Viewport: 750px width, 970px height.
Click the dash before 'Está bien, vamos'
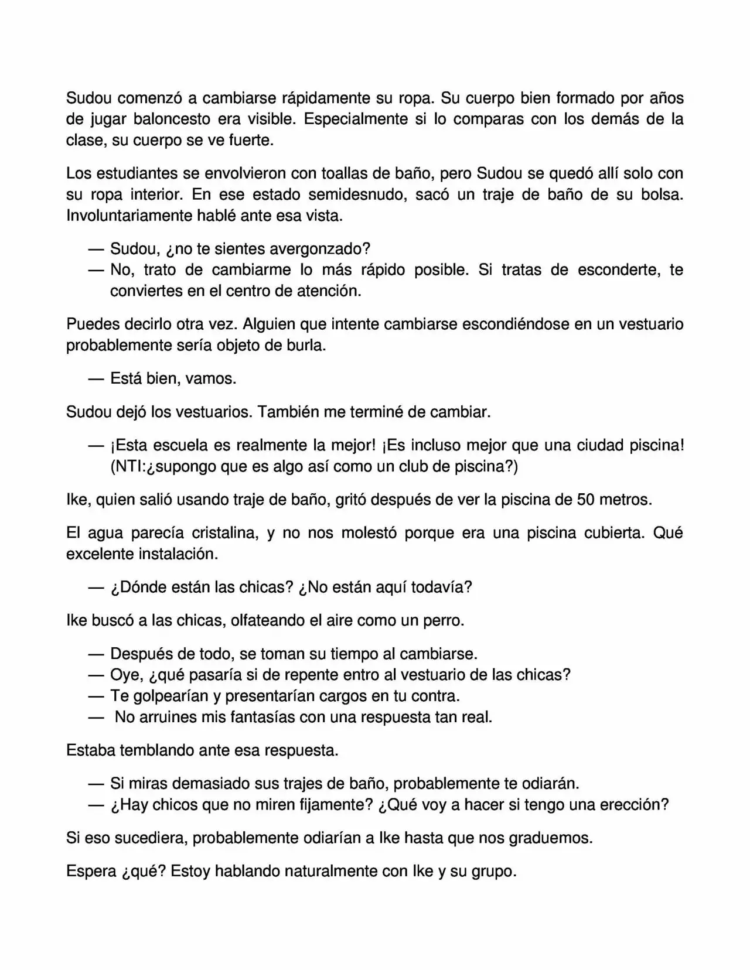[96, 378]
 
